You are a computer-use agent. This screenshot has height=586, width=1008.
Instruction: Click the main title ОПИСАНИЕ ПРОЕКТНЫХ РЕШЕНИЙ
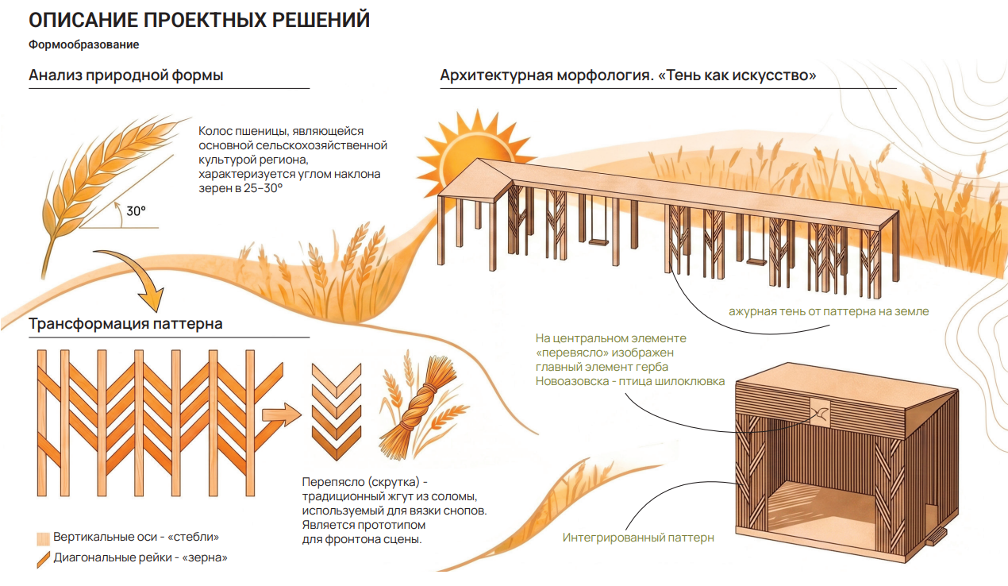pos(199,21)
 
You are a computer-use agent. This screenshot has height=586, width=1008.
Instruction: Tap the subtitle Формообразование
pos(83,44)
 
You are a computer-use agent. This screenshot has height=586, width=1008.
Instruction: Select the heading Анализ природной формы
pos(126,75)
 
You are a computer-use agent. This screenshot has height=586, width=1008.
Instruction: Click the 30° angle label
pos(136,210)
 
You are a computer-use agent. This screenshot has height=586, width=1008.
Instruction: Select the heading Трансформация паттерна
pos(125,324)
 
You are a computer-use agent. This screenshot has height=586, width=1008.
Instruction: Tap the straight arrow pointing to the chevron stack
pos(282,414)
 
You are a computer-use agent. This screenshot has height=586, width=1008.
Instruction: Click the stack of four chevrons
pos(337,411)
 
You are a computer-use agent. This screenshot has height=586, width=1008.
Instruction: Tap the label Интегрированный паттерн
pos(638,538)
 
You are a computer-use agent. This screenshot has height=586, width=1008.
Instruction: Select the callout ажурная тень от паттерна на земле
pos(829,311)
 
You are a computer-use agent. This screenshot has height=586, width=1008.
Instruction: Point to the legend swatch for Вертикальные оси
pos(43,538)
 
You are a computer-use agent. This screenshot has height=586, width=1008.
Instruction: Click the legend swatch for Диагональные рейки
pos(43,560)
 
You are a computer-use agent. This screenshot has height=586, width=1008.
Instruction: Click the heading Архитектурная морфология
pos(546,75)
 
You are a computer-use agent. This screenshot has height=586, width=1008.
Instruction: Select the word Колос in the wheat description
pos(214,131)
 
